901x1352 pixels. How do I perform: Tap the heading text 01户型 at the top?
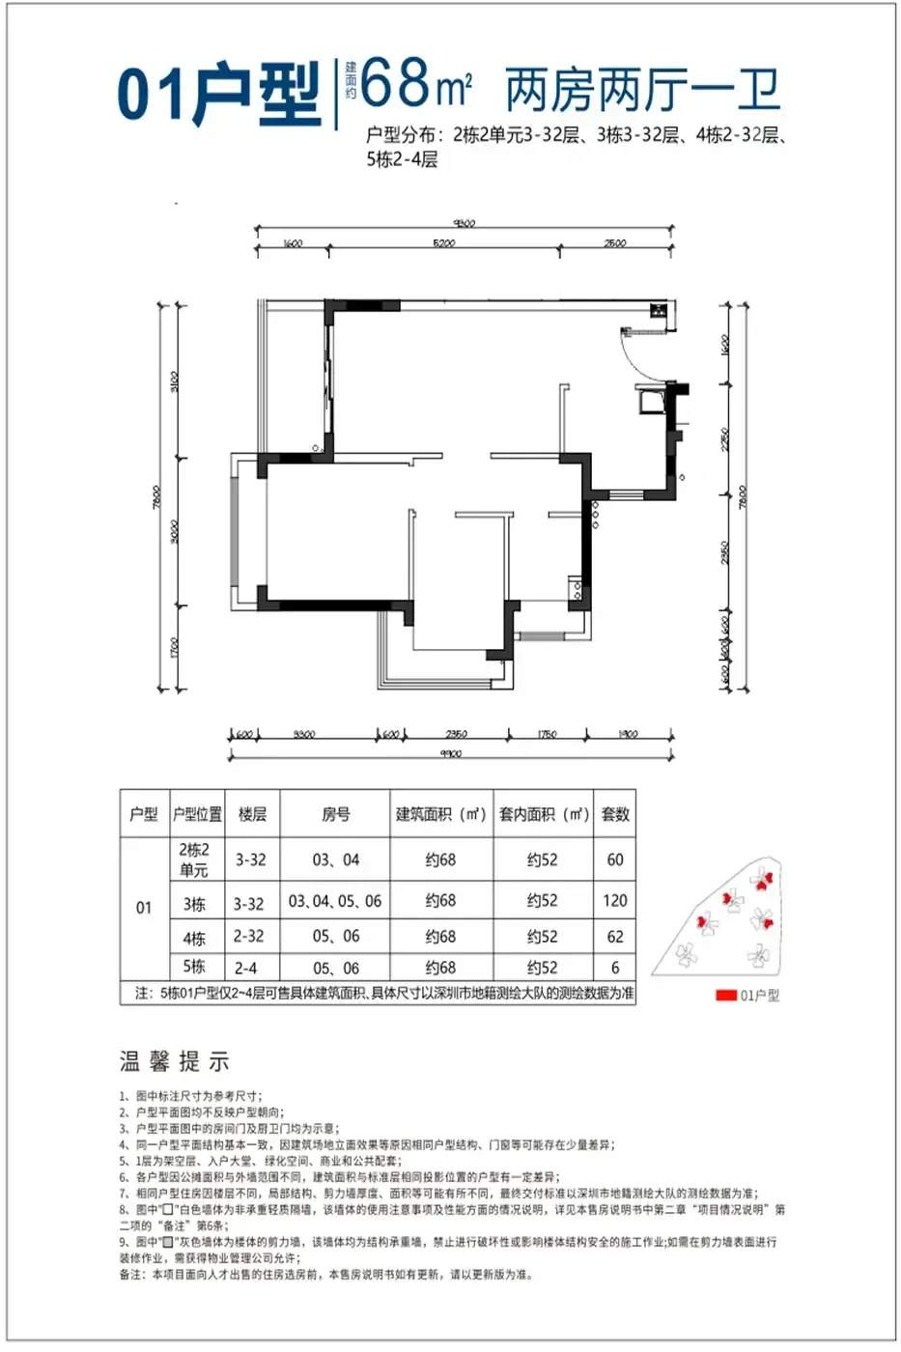[x=218, y=93]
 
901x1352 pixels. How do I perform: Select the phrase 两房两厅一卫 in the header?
[x=642, y=91]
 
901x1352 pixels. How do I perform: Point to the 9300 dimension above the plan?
[x=465, y=223]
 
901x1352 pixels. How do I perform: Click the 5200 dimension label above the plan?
[x=444, y=243]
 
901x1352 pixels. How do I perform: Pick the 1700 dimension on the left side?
[x=173, y=647]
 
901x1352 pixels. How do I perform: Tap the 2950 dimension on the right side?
[x=725, y=552]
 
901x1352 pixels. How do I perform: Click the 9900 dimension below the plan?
[x=450, y=753]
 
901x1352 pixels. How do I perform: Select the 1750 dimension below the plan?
[x=547, y=735]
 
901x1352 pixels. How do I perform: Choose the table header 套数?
[x=615, y=814]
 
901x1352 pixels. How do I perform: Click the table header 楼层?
[x=252, y=814]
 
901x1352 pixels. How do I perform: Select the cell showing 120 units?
[x=615, y=901]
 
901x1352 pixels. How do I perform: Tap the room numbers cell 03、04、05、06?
[x=335, y=901]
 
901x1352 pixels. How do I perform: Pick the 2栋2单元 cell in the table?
[x=194, y=859]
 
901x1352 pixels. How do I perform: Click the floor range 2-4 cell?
[x=246, y=968]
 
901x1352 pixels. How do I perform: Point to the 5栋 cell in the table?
[x=194, y=967]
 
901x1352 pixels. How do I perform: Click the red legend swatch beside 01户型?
[x=725, y=996]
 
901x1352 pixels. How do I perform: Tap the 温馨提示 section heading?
[x=175, y=1062]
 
